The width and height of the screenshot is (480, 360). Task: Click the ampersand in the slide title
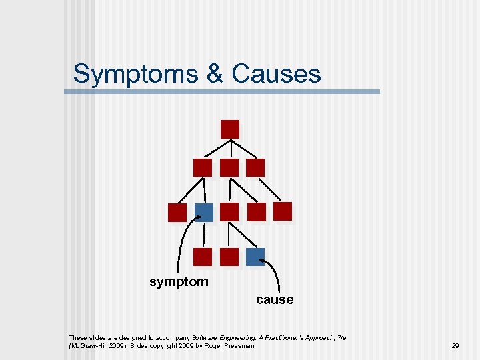click(x=215, y=74)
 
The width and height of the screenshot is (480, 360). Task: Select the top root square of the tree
click(x=230, y=129)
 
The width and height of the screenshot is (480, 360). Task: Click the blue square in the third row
click(x=203, y=212)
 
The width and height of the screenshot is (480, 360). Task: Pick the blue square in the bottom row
click(x=255, y=257)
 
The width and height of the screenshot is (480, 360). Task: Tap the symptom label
click(x=179, y=282)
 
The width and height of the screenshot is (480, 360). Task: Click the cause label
click(x=275, y=300)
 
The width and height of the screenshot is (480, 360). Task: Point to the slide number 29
click(x=455, y=346)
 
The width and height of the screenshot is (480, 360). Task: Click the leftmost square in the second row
click(x=203, y=167)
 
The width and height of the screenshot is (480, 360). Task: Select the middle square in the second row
click(x=229, y=167)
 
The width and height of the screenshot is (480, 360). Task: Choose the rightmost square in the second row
click(x=255, y=167)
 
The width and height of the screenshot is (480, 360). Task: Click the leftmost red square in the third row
click(x=177, y=212)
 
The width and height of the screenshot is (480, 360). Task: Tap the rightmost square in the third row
click(x=283, y=211)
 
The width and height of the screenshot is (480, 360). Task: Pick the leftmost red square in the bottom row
click(x=203, y=257)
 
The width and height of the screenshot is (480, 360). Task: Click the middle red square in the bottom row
click(x=229, y=257)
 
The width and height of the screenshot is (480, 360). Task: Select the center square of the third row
click(x=229, y=212)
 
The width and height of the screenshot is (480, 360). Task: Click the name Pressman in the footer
click(x=240, y=347)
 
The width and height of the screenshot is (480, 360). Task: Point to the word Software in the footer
click(x=205, y=338)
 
